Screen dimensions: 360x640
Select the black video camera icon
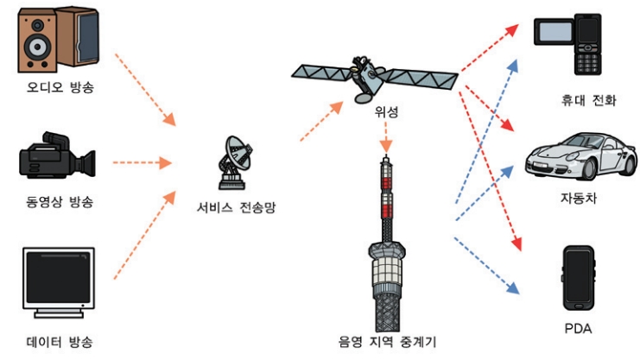tap(57, 157)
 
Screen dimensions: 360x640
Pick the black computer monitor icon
tap(59, 281)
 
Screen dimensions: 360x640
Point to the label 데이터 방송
tap(59, 342)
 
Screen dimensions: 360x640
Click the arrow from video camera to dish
tap(143, 161)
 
